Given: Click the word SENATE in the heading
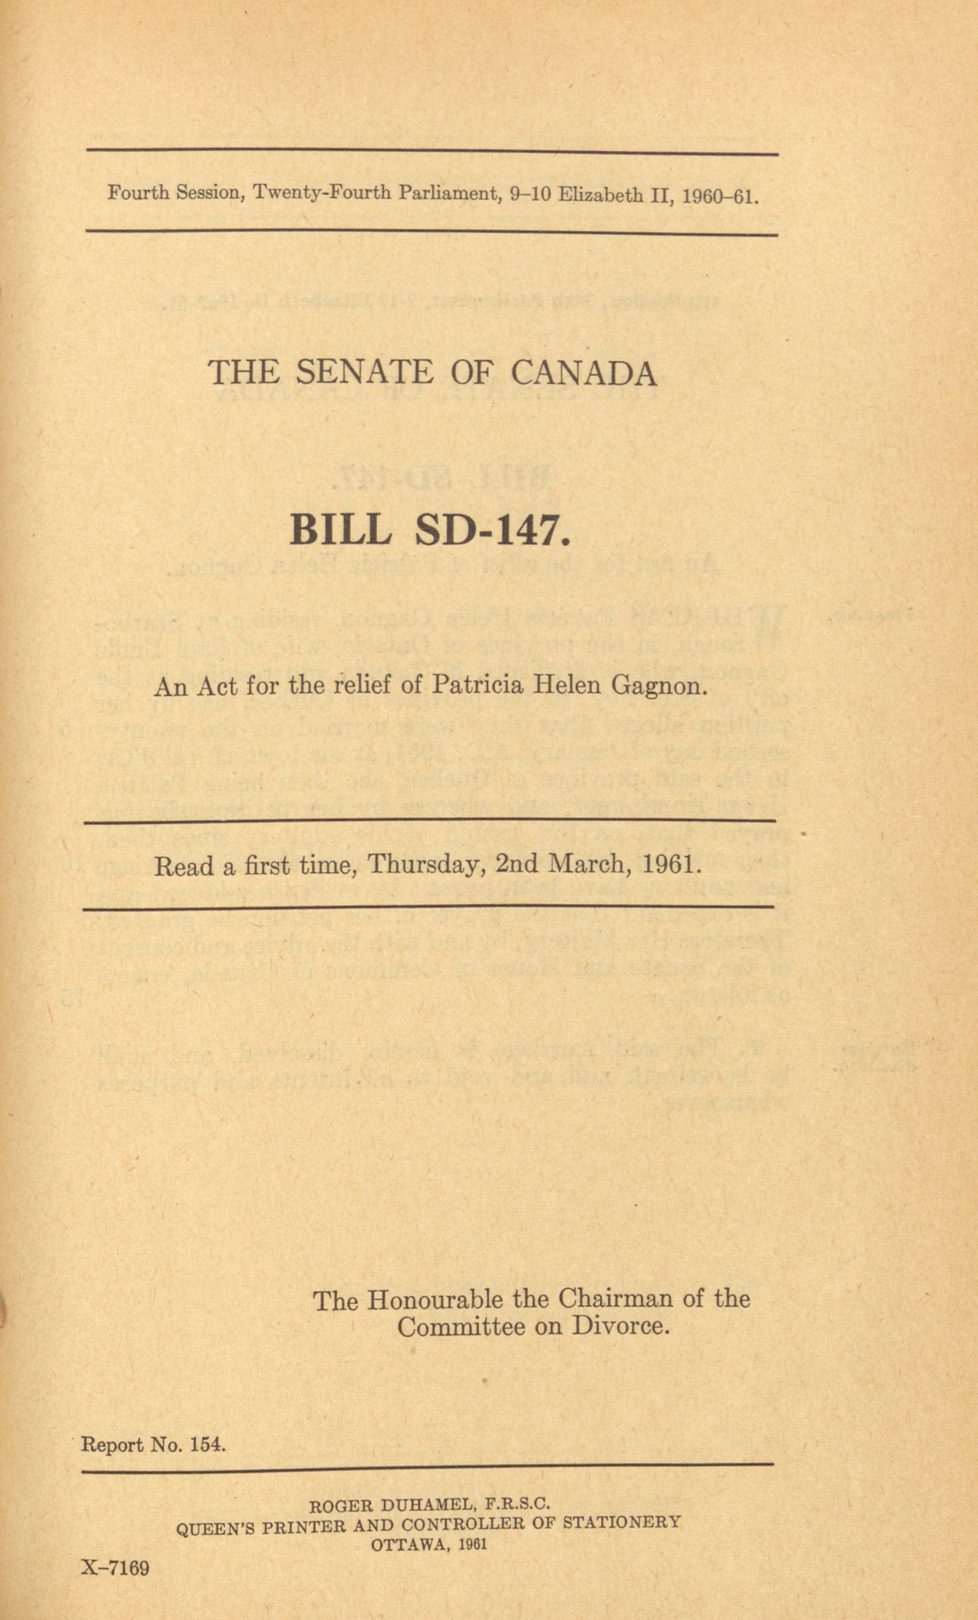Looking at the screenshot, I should (x=365, y=373).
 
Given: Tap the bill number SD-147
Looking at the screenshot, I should (x=492, y=531).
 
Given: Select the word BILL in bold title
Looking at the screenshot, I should (x=341, y=531).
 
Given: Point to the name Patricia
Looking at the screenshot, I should (x=476, y=687).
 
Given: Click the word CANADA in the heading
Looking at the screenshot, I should (x=583, y=373).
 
